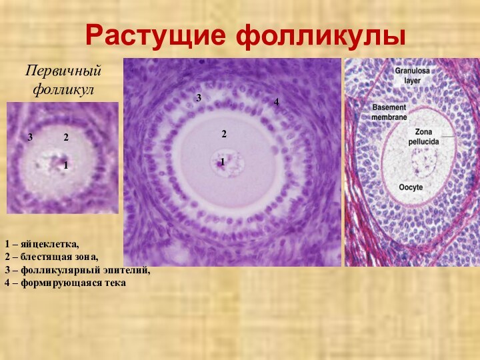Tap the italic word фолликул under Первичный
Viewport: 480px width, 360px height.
pos(63,87)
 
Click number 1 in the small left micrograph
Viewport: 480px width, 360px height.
pos(66,164)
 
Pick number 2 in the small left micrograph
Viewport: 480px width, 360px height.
pos(66,137)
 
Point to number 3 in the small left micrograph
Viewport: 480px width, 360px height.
pos(31,137)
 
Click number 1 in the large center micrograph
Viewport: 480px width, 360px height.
pos(222,161)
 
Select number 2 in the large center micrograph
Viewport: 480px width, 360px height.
pos(224,134)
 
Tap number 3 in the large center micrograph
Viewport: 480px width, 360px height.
pos(199,98)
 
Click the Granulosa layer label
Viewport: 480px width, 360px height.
pos(411,73)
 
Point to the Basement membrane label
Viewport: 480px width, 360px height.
pos(389,111)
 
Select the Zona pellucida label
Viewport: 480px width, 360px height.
pos(424,137)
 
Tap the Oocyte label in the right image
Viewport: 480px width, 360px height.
pos(411,187)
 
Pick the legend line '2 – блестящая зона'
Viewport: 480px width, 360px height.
pos(51,257)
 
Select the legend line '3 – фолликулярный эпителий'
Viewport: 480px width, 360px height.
pos(77,270)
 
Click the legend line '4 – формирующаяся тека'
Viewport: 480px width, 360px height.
pos(65,283)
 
